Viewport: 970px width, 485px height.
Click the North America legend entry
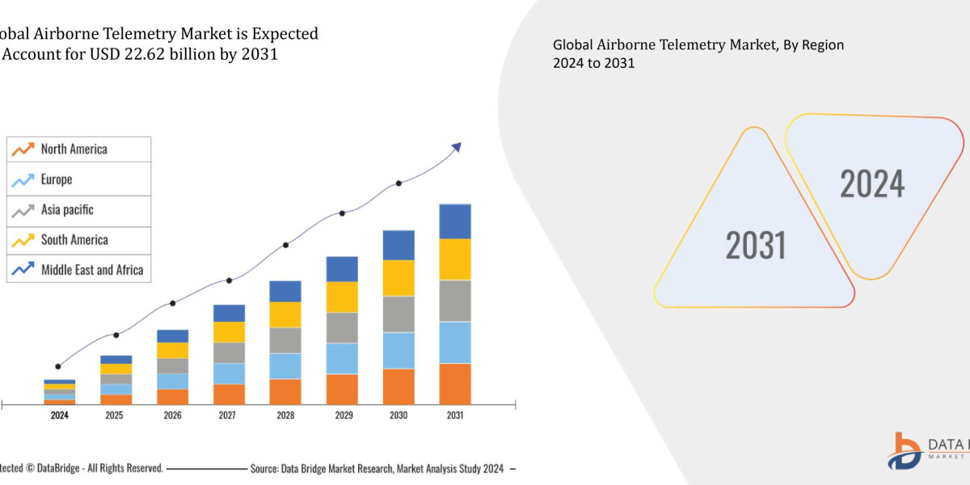click(74, 150)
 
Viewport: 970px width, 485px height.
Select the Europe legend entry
click(57, 179)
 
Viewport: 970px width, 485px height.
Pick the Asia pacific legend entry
click(67, 210)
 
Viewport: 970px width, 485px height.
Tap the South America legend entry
click(74, 240)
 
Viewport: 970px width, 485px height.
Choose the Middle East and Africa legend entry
click(91, 270)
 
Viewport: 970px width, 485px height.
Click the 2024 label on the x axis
click(59, 415)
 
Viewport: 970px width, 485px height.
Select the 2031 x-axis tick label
click(455, 415)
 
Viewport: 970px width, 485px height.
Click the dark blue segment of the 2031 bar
click(455, 221)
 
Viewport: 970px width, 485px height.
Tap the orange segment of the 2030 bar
click(399, 386)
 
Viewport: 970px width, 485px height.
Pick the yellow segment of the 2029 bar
click(342, 297)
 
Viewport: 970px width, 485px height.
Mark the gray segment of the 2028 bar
click(285, 340)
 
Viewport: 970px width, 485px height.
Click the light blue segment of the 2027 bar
click(229, 373)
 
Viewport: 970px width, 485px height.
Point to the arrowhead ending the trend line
click(457, 147)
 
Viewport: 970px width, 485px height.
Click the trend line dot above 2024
click(57, 366)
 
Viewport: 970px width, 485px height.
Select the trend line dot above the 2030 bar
click(399, 183)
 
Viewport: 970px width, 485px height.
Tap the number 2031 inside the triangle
click(756, 244)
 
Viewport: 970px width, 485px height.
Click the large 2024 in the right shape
click(872, 183)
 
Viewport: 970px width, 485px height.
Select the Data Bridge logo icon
click(909, 449)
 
